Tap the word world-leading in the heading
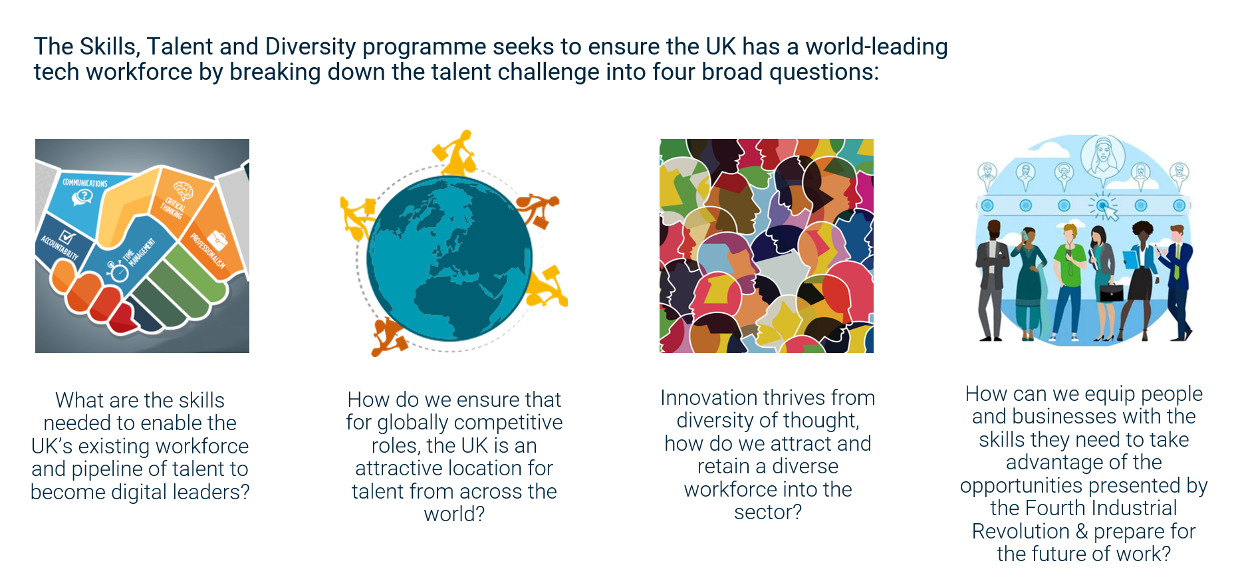[876, 47]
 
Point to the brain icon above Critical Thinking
[183, 191]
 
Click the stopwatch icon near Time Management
[118, 271]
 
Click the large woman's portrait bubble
[1102, 157]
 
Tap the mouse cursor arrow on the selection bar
[1109, 211]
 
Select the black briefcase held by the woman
[1110, 292]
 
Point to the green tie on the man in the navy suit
[1176, 263]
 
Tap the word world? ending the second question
[454, 514]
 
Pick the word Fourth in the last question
[1055, 508]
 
